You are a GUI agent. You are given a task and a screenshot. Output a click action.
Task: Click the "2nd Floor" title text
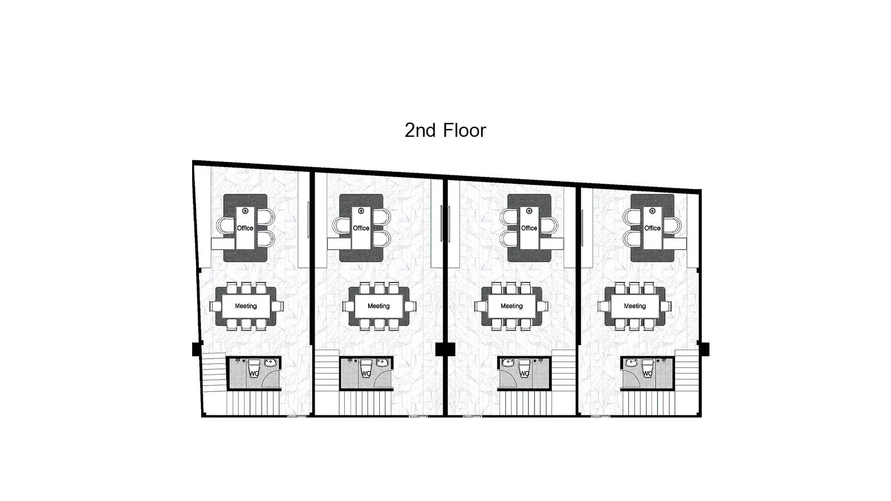tap(445, 130)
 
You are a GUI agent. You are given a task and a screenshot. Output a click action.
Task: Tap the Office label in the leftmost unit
tap(245, 228)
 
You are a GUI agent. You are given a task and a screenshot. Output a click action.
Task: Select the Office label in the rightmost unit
tap(652, 228)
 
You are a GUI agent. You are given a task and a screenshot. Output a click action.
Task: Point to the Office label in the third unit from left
tap(529, 228)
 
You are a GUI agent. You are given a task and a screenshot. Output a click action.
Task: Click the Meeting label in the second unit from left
tap(379, 306)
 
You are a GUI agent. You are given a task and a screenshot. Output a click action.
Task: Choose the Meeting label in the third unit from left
tap(512, 306)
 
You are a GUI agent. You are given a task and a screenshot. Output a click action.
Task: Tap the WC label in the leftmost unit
tap(254, 374)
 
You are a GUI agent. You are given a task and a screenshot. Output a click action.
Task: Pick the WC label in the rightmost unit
tap(647, 374)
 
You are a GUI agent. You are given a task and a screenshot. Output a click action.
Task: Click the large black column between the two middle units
tap(445, 349)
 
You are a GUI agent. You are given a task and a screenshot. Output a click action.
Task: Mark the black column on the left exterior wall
tap(197, 349)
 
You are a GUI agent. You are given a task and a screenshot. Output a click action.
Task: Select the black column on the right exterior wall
tap(704, 349)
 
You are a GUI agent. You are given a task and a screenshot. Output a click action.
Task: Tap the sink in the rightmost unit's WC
tap(631, 362)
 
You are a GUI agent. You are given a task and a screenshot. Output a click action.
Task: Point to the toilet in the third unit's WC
tap(524, 368)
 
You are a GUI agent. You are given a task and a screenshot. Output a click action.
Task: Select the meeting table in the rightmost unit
tap(634, 306)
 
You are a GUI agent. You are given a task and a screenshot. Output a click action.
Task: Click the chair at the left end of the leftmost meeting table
tap(216, 306)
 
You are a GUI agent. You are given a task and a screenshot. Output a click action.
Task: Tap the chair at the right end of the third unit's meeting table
tap(542, 306)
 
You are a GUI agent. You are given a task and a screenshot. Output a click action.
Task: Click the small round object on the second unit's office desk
tap(361, 211)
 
